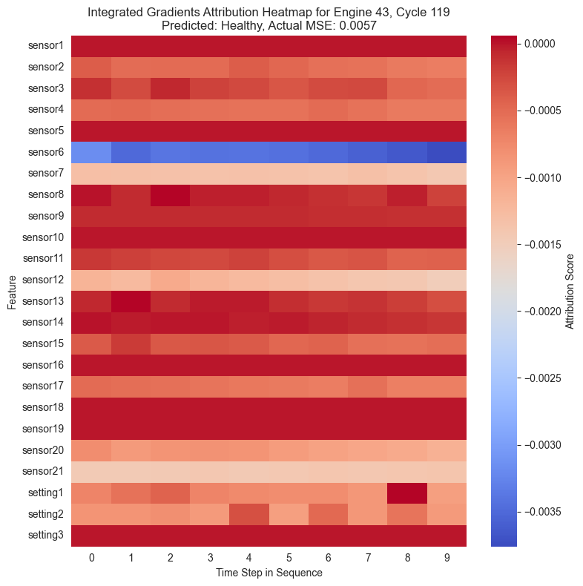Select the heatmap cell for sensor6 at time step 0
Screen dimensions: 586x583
(91, 152)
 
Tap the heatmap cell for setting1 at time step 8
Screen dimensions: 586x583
(407, 493)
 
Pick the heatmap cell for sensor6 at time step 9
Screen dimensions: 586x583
(447, 152)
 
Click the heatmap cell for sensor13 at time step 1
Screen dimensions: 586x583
(131, 301)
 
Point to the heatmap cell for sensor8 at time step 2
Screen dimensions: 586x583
(170, 195)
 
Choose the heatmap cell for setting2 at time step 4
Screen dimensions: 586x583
(249, 514)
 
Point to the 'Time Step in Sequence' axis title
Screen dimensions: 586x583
(269, 573)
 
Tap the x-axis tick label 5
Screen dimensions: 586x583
(289, 557)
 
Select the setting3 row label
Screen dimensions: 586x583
(46, 536)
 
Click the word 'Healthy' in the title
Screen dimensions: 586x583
(246, 25)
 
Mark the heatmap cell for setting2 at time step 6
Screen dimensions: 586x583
(328, 514)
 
